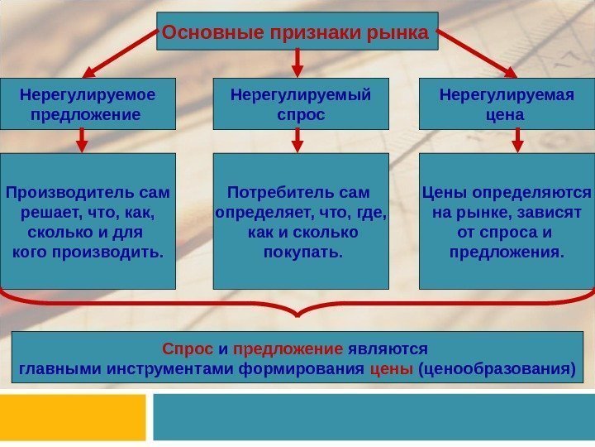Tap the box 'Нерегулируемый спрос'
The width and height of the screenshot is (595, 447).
[300, 104]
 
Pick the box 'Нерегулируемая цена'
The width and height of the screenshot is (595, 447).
[507, 104]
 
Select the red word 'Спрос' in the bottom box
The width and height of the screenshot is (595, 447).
[182, 349]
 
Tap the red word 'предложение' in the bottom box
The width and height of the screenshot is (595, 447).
[288, 349]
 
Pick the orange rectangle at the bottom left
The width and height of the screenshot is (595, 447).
[73, 418]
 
